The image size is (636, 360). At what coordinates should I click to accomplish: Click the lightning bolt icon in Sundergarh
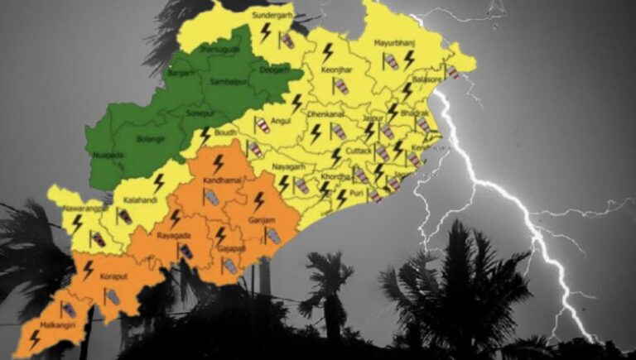266,33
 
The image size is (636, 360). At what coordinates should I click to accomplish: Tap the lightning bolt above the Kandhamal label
219,162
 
